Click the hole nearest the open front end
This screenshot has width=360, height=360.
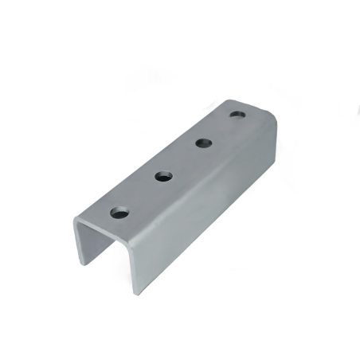[119, 213]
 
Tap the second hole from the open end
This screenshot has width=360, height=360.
[165, 176]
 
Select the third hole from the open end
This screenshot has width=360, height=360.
[203, 143]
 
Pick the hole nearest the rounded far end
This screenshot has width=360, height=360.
[237, 115]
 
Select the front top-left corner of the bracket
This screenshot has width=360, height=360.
[76, 221]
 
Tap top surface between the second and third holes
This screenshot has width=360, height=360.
[184, 160]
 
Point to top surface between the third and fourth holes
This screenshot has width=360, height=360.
[221, 130]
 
